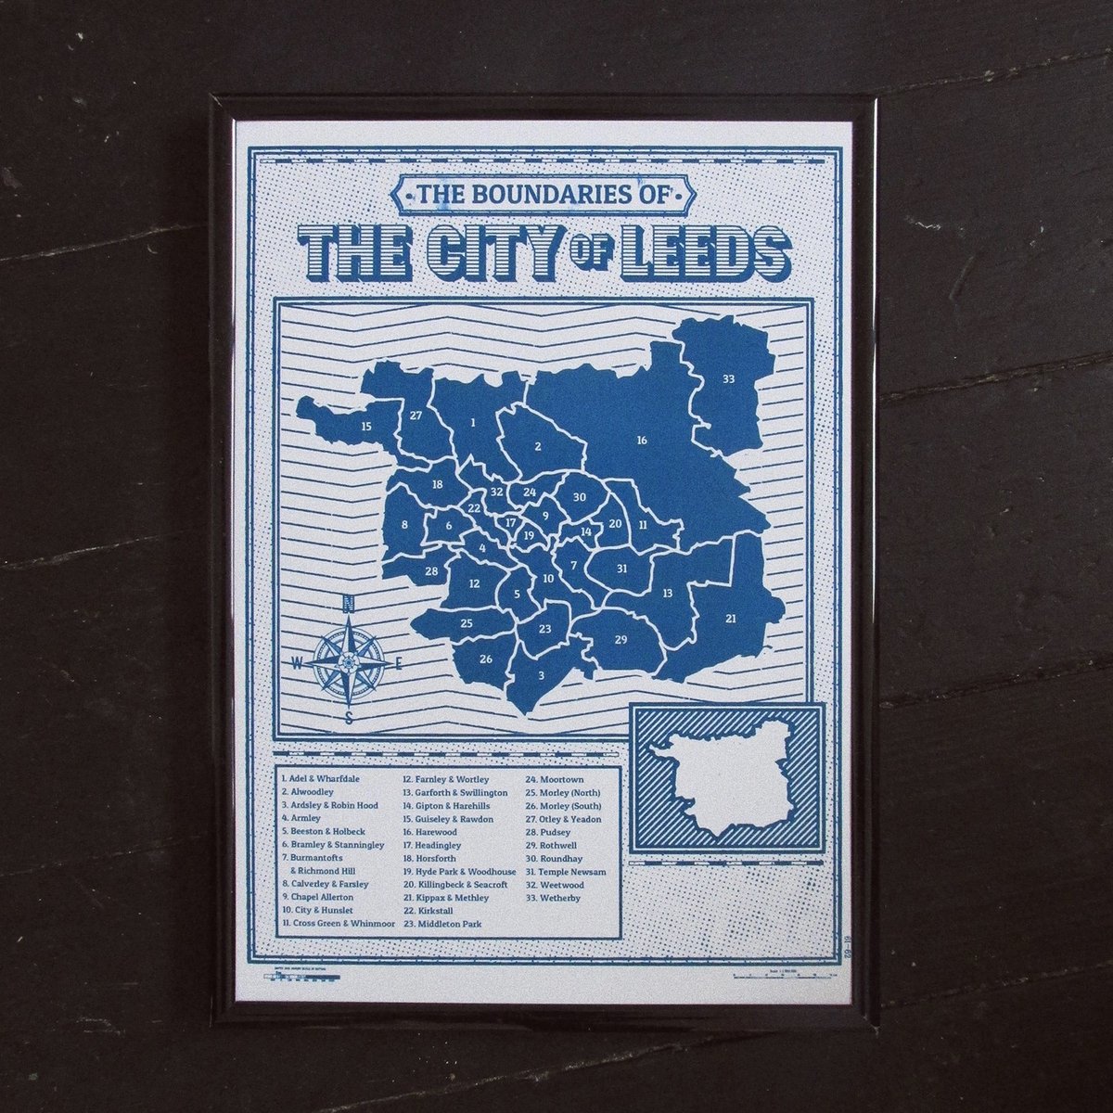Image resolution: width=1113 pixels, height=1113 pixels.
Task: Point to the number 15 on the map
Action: [366, 427]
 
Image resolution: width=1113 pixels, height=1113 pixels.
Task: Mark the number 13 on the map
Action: [667, 592]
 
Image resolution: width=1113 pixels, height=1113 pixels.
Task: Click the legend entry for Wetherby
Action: [557, 899]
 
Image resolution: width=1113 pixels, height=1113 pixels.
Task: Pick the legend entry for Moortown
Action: [556, 780]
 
